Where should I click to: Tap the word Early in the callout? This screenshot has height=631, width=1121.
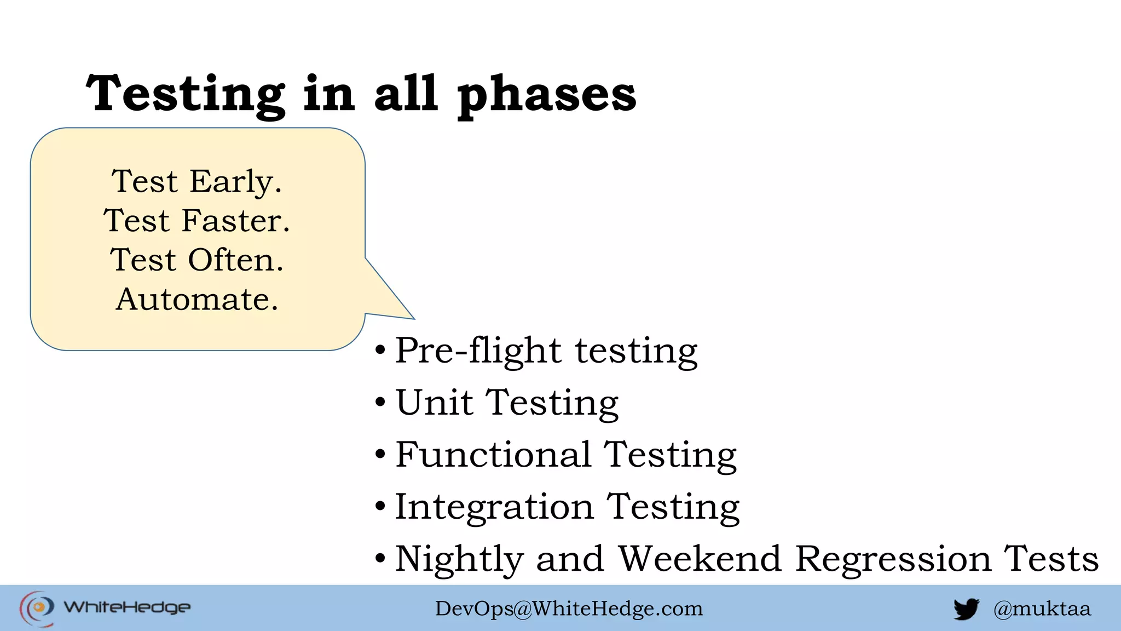point(235,182)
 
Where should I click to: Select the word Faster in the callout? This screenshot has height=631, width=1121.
point(235,221)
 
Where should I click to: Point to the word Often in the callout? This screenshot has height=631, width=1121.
point(235,260)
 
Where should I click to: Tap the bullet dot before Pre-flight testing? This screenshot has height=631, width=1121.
point(380,350)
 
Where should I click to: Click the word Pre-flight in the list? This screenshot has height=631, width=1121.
point(478,351)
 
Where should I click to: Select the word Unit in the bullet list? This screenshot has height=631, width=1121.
point(434,403)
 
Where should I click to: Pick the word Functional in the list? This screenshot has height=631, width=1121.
point(493,455)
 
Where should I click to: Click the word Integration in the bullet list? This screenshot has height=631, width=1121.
point(494,507)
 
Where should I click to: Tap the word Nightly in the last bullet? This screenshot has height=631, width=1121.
point(459,560)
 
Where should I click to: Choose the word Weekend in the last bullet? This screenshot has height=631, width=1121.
point(700,559)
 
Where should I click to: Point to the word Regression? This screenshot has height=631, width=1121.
point(893,560)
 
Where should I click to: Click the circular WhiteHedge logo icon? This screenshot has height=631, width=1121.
point(37,607)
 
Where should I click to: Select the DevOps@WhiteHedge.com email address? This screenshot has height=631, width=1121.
point(569,609)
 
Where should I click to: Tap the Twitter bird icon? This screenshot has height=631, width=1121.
point(966,609)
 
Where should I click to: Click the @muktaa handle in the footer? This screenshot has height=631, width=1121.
point(1042,609)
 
